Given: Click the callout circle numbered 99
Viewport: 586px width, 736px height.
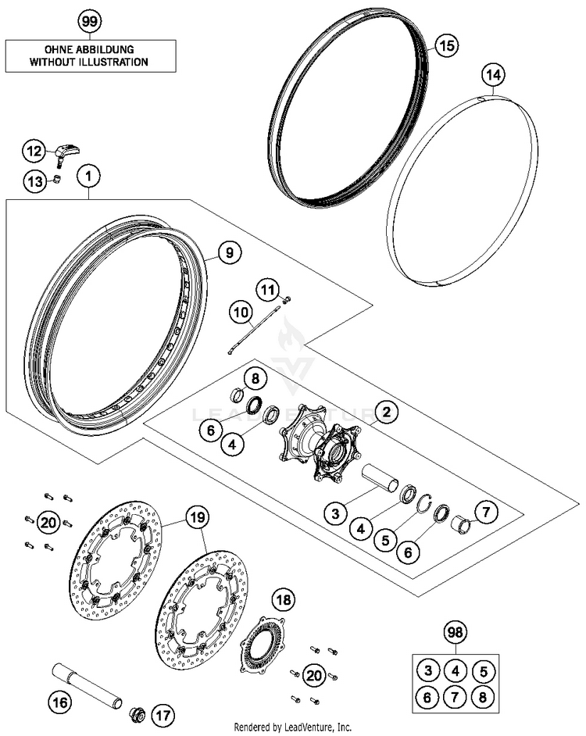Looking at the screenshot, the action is tap(91, 20).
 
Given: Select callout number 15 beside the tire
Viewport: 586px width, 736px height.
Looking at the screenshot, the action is tap(445, 45).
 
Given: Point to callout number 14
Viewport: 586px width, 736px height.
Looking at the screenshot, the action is tap(494, 76).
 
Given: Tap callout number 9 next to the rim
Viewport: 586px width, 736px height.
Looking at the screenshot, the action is tap(229, 252).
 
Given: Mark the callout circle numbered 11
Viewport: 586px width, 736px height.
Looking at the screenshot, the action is tap(269, 291).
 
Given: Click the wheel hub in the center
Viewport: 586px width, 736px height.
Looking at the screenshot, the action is tap(323, 452).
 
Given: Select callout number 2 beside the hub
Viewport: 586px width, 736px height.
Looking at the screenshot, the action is tap(386, 410).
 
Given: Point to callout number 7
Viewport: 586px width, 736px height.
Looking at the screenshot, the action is tap(485, 513).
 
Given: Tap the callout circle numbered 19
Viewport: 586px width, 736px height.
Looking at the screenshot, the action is tap(198, 516).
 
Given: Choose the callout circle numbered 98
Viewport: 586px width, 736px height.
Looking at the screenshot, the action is tap(453, 631).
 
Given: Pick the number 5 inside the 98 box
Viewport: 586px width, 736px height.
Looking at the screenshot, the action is tap(484, 670).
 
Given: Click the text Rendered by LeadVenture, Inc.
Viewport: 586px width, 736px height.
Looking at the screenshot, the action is tap(293, 727).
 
